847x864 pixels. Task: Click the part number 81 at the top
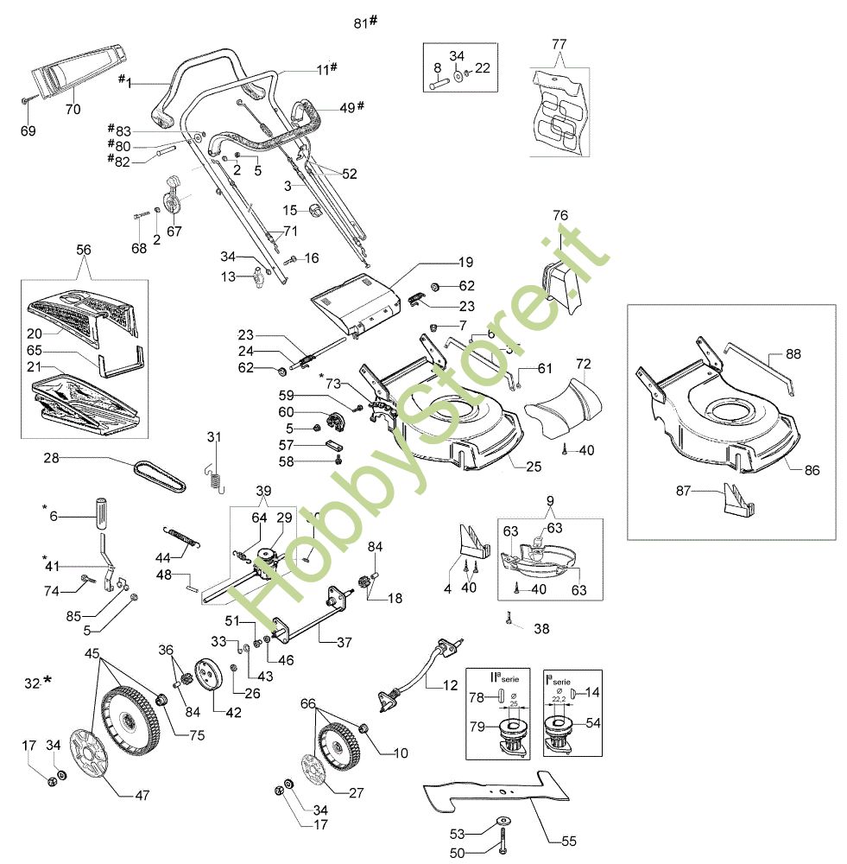[x=361, y=22]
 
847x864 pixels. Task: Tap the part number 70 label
[x=73, y=110]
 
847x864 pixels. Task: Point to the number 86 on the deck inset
[x=811, y=471]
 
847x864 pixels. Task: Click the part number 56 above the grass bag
[x=84, y=249]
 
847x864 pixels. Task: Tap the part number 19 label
[x=465, y=261]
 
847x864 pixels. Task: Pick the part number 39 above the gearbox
[x=262, y=491]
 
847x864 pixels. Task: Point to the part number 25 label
[x=534, y=467]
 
